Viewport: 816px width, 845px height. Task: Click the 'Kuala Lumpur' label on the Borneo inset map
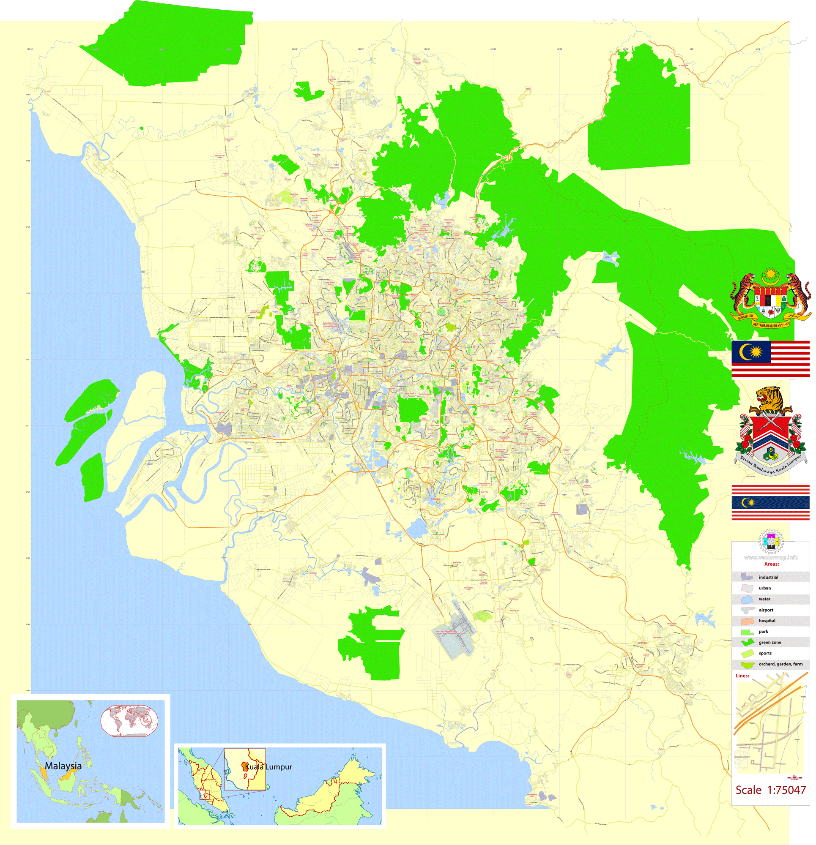(268, 767)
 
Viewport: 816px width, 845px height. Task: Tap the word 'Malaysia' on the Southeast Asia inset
(63, 766)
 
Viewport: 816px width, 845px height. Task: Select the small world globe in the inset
(129, 720)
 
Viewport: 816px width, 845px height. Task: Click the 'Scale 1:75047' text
(770, 790)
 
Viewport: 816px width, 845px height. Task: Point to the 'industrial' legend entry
(768, 577)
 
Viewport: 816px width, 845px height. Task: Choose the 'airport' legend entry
(766, 610)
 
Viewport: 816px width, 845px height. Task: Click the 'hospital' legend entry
(767, 621)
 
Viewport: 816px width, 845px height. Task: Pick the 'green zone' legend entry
(770, 642)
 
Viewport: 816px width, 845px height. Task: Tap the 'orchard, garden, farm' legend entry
(780, 664)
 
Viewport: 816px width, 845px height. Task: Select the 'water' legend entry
(764, 599)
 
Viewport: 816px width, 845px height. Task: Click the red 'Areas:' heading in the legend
(772, 564)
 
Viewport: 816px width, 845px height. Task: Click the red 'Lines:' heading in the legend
(742, 676)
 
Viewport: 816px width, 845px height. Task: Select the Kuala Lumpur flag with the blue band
(770, 503)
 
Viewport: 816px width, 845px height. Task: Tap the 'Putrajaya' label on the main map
(435, 499)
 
